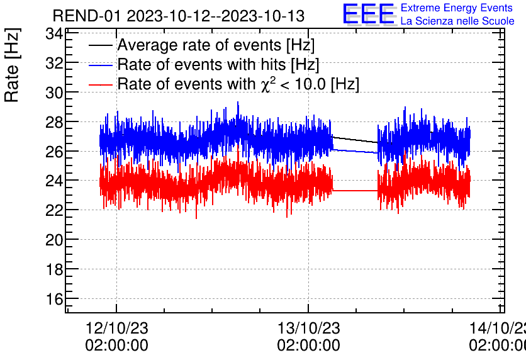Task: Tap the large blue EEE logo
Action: point(369,14)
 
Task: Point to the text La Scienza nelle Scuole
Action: point(457,21)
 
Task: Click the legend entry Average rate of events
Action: point(216,45)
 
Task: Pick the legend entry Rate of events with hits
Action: point(218,65)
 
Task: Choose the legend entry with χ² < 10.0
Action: point(238,84)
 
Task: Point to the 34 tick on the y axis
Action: point(55,33)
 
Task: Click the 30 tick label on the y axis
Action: point(55,93)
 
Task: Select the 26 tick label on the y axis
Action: point(55,152)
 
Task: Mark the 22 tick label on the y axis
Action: point(55,210)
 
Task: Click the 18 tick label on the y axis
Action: point(55,269)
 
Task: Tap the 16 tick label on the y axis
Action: point(55,299)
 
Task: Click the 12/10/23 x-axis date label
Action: point(116,329)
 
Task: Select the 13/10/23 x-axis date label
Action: point(308,329)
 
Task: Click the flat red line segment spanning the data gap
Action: point(355,190)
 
